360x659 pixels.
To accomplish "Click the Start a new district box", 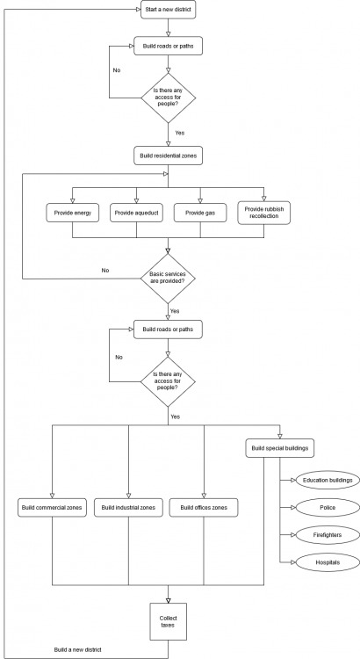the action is coord(168,10).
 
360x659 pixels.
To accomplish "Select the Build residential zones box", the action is coord(168,156).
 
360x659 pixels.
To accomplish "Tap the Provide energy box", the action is coord(72,214).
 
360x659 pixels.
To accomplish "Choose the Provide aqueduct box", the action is coord(136,214).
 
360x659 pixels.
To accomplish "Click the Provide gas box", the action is coord(200,214).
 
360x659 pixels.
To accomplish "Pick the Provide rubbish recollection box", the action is coord(263,213).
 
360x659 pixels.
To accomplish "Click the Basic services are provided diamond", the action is coord(168,279).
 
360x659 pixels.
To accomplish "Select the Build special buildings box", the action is coord(280,448).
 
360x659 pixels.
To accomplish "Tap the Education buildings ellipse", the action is coord(328,480).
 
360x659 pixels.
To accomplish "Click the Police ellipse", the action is coord(328,507).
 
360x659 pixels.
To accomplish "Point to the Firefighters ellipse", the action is coord(328,535).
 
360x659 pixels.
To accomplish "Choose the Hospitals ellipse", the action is coord(328,562).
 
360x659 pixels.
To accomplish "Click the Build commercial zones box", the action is coord(52,507).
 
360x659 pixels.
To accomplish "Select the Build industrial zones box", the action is coord(128,507).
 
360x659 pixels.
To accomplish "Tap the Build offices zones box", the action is coord(204,507).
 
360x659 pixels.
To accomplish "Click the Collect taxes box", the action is coord(168,621).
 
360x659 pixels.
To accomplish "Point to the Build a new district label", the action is coord(78,649).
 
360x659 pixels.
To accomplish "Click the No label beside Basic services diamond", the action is coord(105,271).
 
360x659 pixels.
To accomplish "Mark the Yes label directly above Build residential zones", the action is coord(180,133).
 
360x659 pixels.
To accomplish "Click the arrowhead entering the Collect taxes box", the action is coord(168,600).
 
